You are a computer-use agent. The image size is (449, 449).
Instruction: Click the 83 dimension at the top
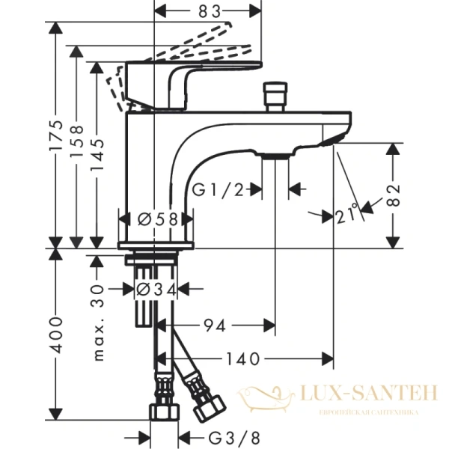pyautogui.click(x=201, y=12)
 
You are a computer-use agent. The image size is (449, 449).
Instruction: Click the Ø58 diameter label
pyautogui.click(x=157, y=219)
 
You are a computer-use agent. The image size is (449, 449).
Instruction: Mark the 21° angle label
pyautogui.click(x=348, y=216)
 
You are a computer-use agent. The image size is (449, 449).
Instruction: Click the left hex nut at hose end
pyautogui.click(x=162, y=412)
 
